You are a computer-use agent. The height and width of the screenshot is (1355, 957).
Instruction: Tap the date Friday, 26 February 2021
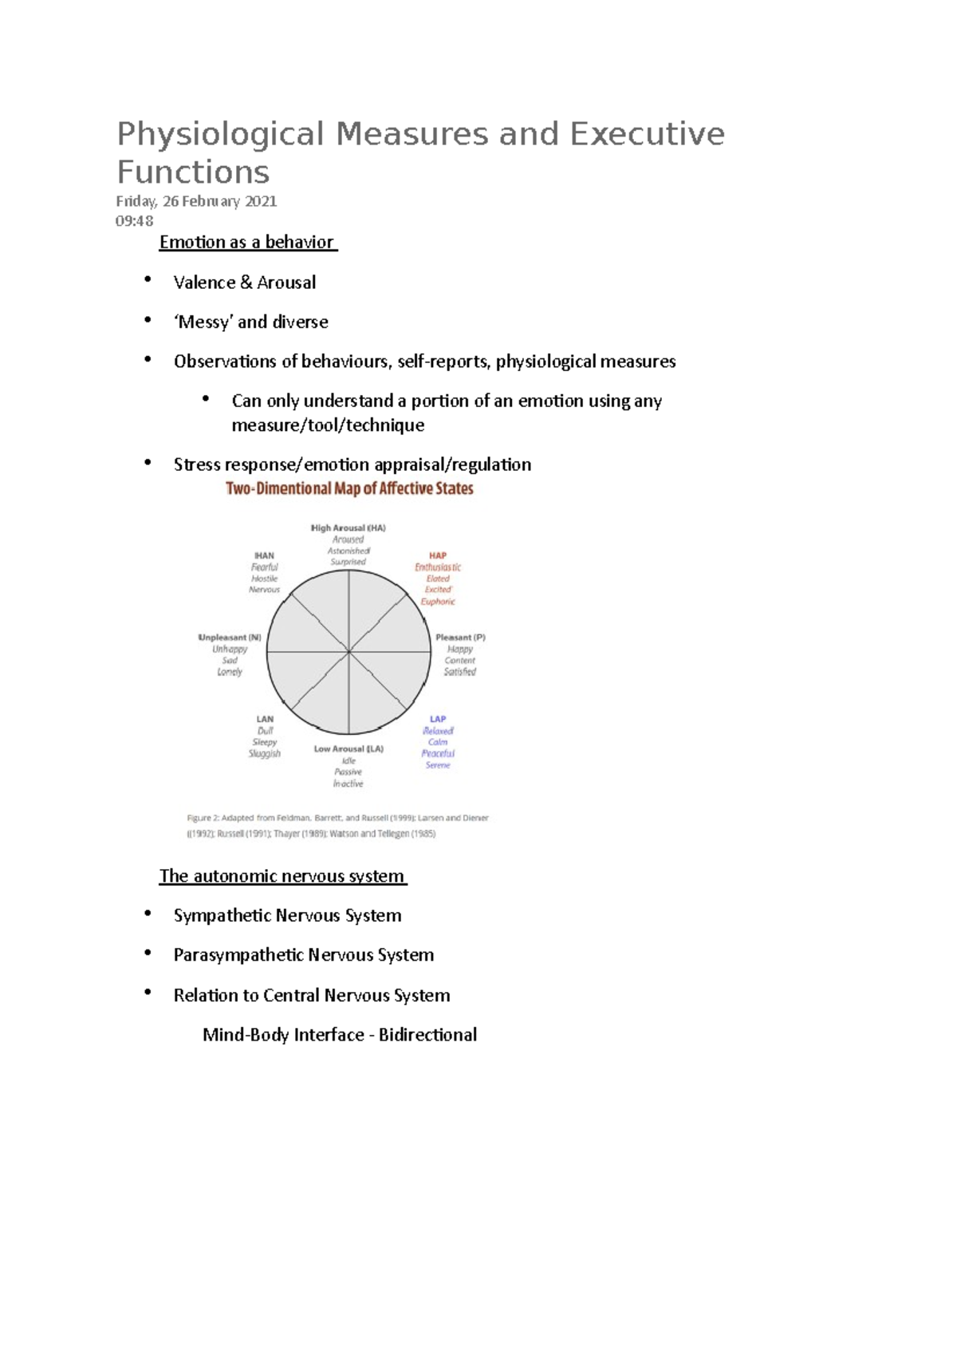(x=196, y=201)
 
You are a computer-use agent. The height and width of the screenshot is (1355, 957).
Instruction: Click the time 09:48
(x=134, y=221)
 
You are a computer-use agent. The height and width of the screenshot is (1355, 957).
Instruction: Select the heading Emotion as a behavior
(x=246, y=242)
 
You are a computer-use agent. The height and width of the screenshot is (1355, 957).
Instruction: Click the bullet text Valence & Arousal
(x=244, y=282)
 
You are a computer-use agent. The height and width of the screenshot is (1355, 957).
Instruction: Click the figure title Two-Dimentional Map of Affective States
(x=349, y=488)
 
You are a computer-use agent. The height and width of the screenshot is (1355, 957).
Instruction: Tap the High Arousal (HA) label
(x=348, y=528)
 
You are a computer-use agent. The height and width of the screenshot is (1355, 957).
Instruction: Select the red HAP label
(x=438, y=555)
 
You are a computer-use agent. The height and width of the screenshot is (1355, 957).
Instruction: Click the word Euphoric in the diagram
(x=438, y=602)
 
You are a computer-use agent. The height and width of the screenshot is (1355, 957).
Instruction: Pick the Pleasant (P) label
(x=460, y=638)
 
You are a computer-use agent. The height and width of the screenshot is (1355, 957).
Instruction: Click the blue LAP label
(x=438, y=719)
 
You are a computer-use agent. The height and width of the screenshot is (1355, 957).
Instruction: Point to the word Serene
(x=438, y=765)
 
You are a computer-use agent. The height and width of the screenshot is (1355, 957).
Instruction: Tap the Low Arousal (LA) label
(x=349, y=749)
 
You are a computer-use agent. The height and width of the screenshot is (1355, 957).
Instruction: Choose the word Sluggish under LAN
(x=265, y=753)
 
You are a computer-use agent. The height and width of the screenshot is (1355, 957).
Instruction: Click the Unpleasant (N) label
(x=230, y=638)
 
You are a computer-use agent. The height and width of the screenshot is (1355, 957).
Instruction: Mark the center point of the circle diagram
(x=349, y=652)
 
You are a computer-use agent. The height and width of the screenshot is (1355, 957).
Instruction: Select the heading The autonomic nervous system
(x=282, y=876)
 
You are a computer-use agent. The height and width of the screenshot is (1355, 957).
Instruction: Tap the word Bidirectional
(x=427, y=1035)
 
